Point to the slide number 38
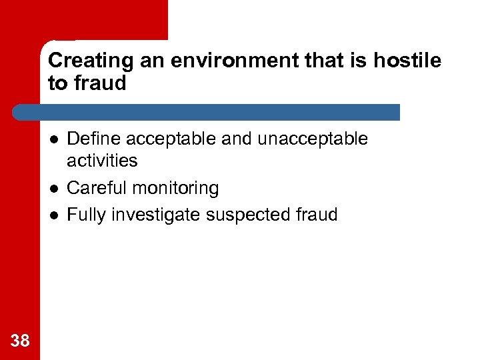20,341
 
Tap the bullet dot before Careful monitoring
53,189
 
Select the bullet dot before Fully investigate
53,215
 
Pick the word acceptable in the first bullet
168,139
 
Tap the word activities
103,161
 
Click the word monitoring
175,189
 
